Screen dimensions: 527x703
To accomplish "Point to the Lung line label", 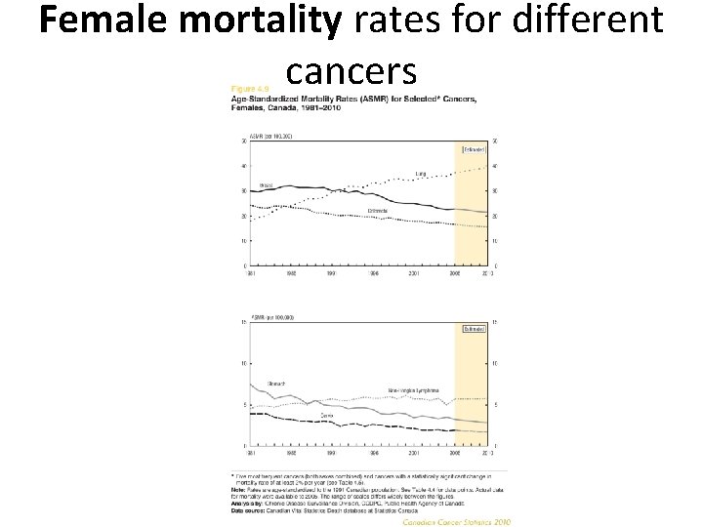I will pos(422,175).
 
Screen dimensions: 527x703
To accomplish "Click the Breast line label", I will pos(266,183).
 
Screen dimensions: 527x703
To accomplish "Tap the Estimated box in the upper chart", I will pos(474,149).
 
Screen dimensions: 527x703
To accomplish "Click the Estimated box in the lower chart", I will pos(474,330).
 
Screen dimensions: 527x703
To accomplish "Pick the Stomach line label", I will pos(276,385).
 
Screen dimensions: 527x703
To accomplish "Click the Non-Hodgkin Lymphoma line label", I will pos(420,388).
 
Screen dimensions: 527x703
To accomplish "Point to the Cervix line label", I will pos(327,415).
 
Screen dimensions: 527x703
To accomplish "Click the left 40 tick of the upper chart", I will pos(243,166).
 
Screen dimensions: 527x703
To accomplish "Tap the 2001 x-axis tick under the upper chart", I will pos(414,274).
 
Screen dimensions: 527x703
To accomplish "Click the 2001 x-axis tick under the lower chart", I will pos(414,453).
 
